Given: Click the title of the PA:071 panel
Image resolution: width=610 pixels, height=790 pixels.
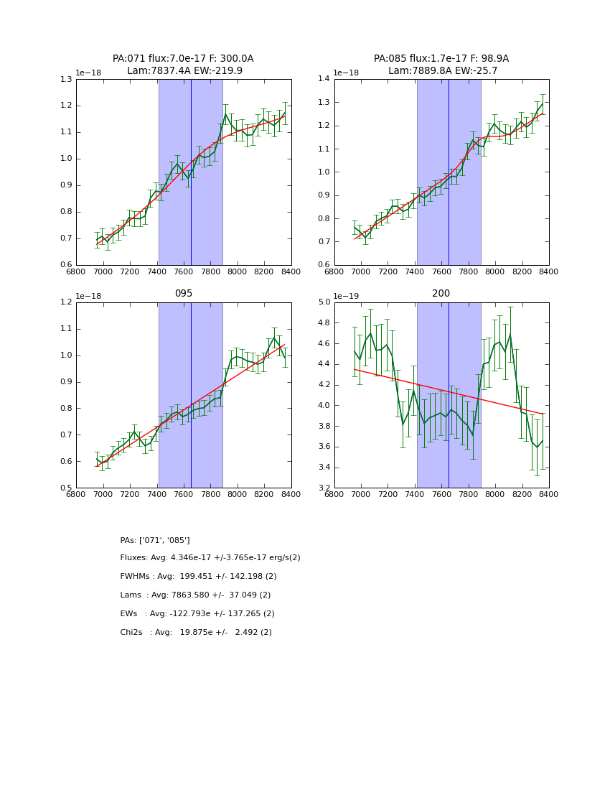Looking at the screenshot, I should tap(183, 65).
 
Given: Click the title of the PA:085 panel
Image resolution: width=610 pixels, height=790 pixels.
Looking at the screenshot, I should tap(441, 65).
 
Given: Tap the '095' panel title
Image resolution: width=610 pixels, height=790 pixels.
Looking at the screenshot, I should tap(184, 293).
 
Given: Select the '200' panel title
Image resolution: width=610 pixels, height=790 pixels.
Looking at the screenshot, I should tap(441, 293).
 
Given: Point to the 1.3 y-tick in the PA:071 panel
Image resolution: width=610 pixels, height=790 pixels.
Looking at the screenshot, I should tap(66, 79).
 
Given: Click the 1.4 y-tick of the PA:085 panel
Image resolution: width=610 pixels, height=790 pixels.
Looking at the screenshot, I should tap(324, 79).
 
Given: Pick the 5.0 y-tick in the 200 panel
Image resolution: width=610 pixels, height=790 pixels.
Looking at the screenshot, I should tap(324, 302).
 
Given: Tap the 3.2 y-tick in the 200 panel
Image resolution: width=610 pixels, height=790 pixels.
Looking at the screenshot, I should tap(324, 488).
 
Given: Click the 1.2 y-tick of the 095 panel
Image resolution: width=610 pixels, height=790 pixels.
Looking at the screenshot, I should tap(66, 302).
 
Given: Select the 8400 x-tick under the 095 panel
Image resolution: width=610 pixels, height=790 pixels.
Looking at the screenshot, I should tap(291, 496).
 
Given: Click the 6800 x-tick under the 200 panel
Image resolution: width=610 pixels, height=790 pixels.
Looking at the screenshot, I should tap(334, 496).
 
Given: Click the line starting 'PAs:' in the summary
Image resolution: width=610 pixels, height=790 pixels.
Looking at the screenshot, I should tap(155, 540).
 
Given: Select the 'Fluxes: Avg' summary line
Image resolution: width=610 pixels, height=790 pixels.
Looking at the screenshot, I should tap(210, 558).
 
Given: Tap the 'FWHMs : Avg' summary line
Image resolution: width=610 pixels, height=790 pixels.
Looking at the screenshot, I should tap(198, 577).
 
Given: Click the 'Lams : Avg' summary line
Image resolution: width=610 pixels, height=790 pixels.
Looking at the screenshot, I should tap(195, 595).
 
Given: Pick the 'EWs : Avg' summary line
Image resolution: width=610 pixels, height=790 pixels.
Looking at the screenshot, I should tap(197, 614).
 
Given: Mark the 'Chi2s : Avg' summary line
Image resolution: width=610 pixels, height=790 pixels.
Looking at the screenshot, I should tap(196, 633).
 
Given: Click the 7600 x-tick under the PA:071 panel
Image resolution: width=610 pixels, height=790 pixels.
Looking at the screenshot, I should tap(184, 272).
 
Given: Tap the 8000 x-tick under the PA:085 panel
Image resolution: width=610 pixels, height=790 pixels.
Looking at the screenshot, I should tap(495, 272).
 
